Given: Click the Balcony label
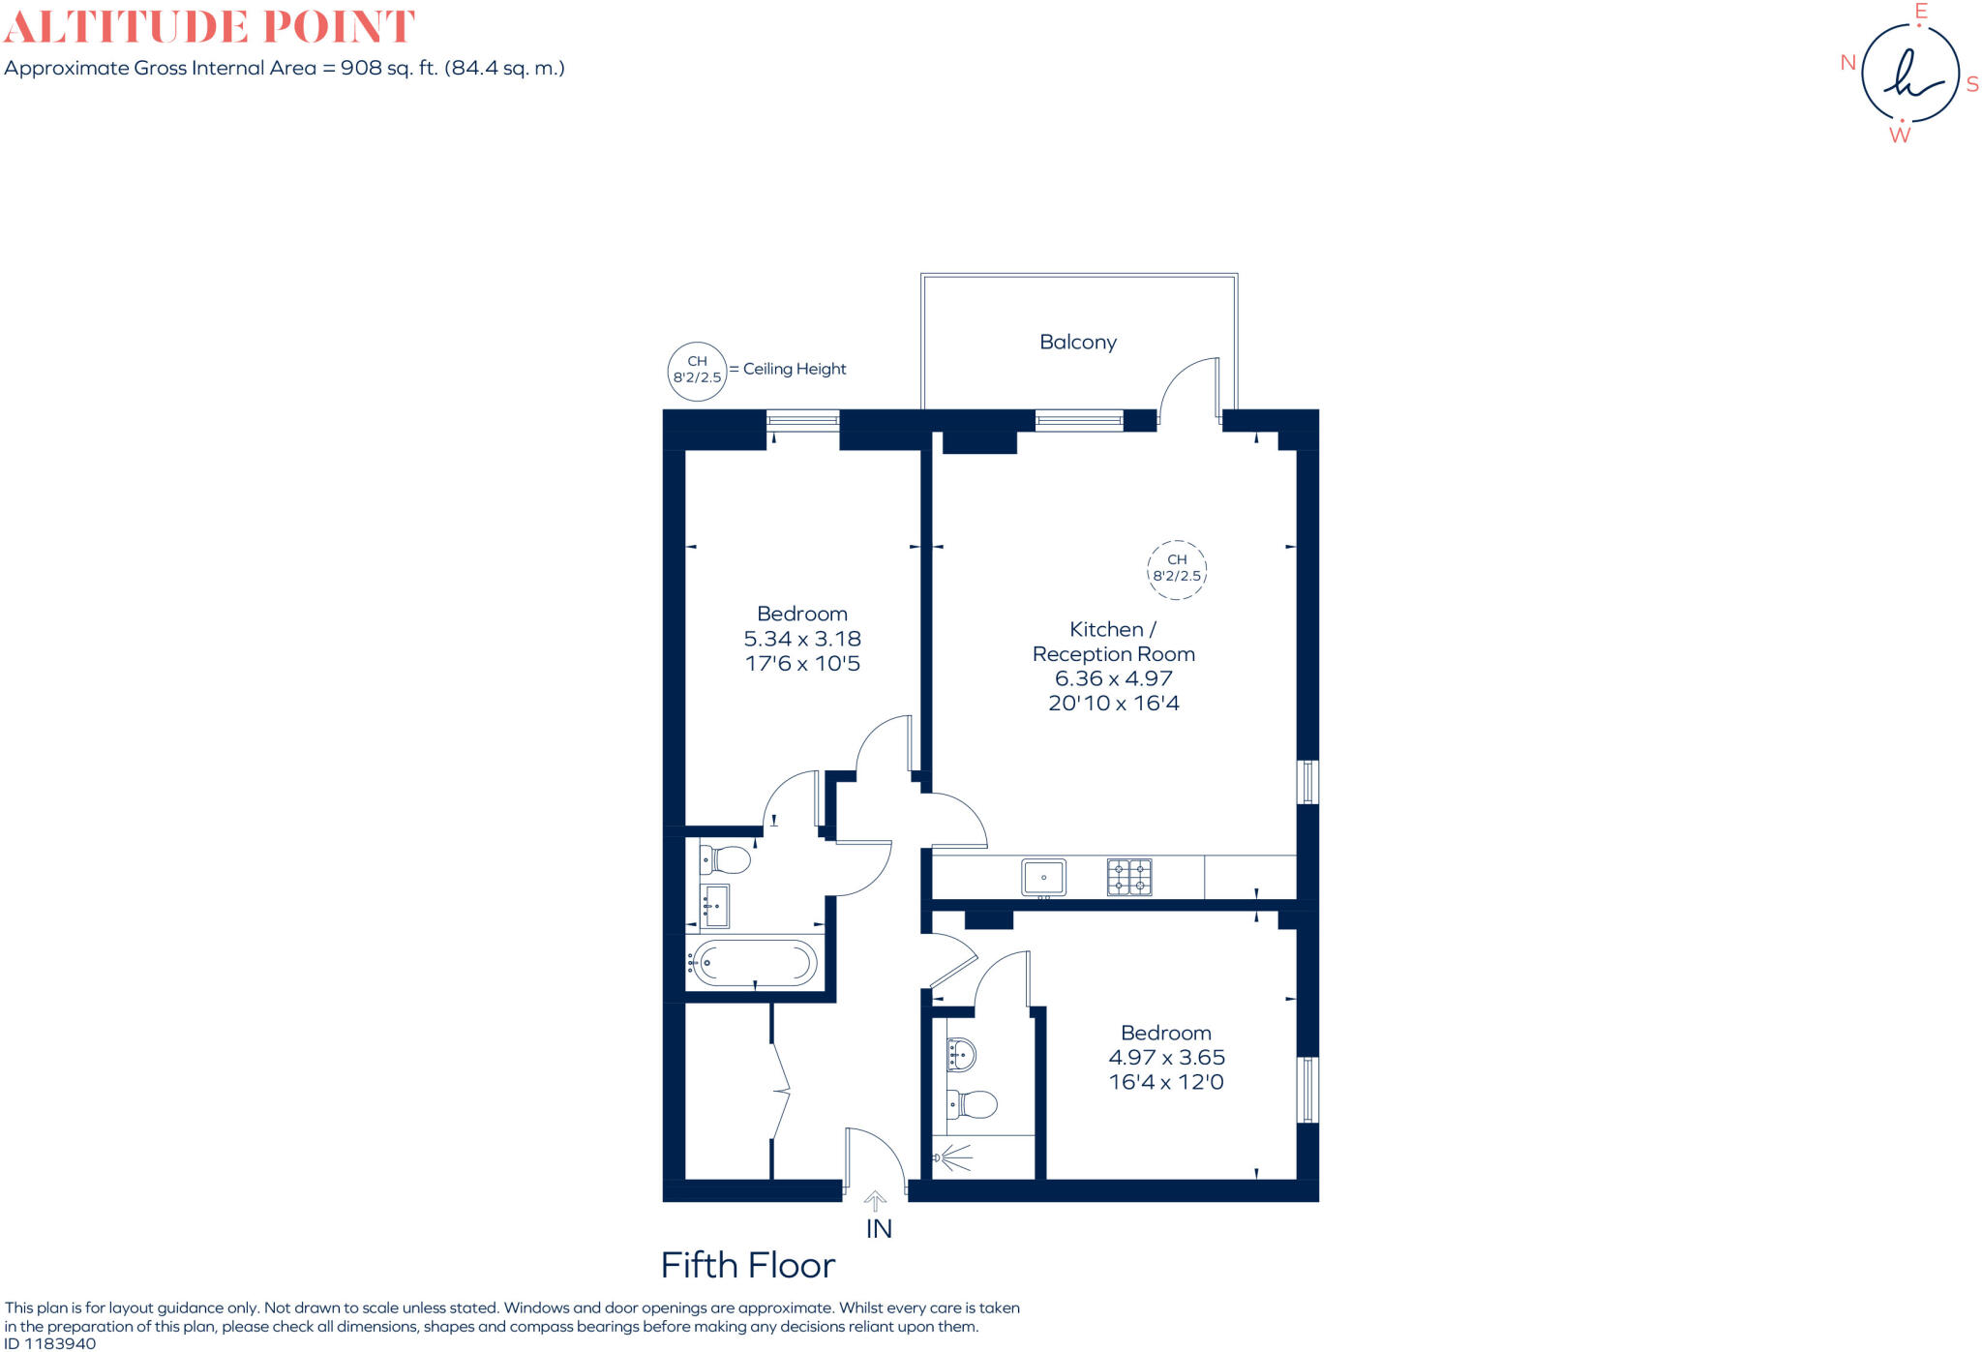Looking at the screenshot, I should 1077,342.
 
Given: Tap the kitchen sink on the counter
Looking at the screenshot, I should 1043,877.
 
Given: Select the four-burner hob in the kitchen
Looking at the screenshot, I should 1129,877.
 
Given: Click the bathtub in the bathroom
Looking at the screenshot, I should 755,963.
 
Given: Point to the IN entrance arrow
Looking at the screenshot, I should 875,1202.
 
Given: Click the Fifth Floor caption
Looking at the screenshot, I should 747,1265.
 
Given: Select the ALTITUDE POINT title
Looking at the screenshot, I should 209,26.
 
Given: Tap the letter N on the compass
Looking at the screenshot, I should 1847,63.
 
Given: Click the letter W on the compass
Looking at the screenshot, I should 1900,135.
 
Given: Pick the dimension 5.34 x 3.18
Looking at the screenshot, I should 801,639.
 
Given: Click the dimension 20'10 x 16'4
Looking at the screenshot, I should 1113,704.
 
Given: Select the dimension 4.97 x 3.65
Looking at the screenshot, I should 1166,1058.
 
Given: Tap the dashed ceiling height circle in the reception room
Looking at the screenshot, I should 1176,568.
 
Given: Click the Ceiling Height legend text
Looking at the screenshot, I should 794,369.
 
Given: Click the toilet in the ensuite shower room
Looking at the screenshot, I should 974,1104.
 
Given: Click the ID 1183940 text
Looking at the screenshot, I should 50,1343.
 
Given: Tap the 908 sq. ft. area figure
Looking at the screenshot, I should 389,68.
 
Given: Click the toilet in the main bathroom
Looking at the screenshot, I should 726,858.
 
